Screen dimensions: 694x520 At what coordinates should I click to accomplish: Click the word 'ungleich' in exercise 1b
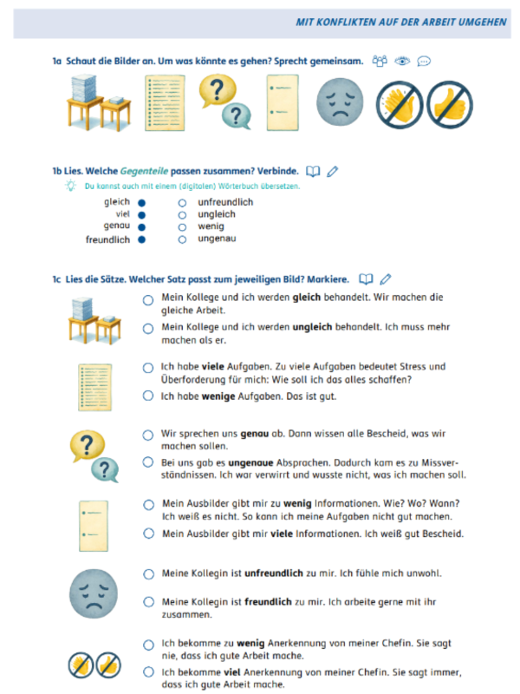(216, 214)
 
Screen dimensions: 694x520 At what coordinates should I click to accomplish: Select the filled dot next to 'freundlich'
(141, 239)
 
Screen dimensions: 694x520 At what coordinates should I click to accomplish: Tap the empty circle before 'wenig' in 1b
(182, 227)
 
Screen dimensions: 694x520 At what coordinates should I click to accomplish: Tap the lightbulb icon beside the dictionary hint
(70, 186)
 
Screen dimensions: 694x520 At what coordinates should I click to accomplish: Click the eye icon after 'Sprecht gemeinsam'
(402, 62)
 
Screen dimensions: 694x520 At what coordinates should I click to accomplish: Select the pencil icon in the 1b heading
(334, 172)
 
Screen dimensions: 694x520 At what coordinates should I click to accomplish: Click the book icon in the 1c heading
(366, 279)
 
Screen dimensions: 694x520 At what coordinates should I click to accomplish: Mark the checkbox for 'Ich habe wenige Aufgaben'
(148, 396)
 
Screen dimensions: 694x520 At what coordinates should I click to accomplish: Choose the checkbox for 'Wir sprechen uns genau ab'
(148, 435)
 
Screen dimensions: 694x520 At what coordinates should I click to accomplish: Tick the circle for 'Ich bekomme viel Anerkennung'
(148, 672)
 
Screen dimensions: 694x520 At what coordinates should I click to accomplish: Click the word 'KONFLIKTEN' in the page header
(354, 21)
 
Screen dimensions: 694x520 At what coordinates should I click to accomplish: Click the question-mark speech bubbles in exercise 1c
(93, 455)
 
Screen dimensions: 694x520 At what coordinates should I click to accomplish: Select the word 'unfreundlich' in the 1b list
(225, 202)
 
